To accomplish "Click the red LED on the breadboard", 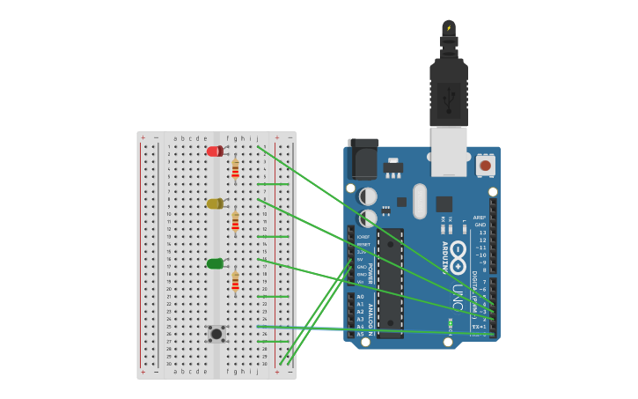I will tap(215, 151).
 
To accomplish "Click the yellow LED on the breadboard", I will tap(215, 203).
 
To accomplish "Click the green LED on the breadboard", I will tap(215, 263).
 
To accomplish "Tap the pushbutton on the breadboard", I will tap(216, 333).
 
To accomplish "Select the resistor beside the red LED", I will tap(235, 167).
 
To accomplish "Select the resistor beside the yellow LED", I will tap(235, 220).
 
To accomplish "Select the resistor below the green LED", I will tap(235, 280).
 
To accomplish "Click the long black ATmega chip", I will tap(391, 282).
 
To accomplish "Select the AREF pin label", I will tap(480, 218).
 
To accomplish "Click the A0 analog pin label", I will tap(360, 297).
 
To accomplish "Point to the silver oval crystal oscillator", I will tap(420, 200).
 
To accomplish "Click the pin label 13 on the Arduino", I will tap(481, 233).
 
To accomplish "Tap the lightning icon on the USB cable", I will tap(449, 27).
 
